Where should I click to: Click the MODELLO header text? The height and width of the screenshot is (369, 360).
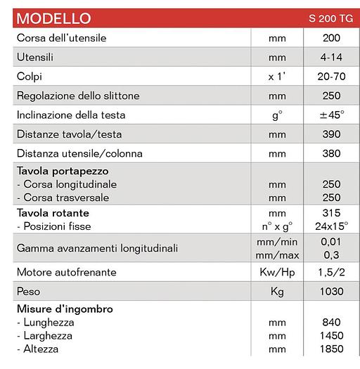tap(53, 17)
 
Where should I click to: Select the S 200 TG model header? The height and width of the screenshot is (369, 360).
tap(330, 18)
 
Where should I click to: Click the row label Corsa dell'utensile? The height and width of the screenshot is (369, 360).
tap(61, 37)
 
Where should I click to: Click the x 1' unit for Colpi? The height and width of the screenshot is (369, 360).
tap(277, 76)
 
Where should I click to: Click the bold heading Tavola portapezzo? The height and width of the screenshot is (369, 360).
tap(61, 171)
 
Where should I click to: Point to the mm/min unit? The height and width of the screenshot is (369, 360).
tap(277, 242)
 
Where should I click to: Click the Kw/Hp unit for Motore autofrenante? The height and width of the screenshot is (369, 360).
tap(277, 272)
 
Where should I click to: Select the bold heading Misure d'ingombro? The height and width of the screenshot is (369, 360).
tap(64, 309)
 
